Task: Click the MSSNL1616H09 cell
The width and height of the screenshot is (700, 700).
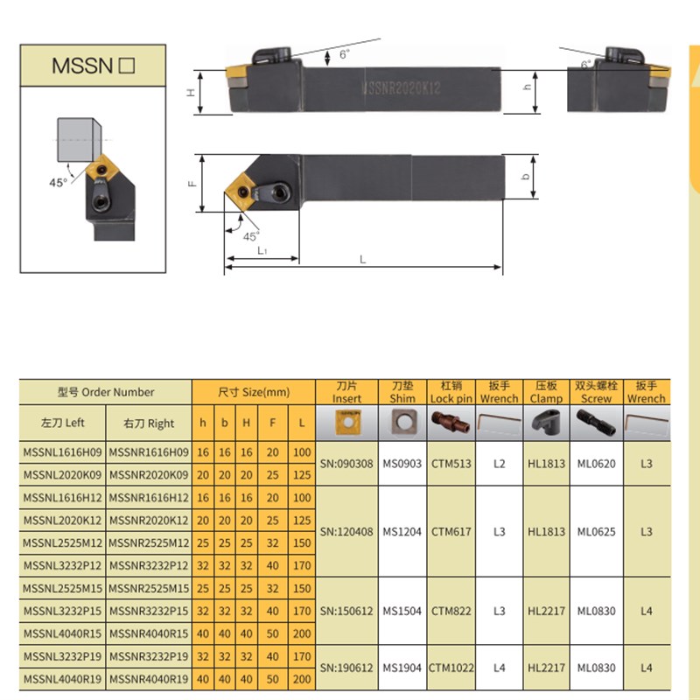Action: [x=61, y=451]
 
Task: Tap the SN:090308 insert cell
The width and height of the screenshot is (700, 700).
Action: [x=346, y=463]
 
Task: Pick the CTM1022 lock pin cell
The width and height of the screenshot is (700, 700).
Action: [x=451, y=668]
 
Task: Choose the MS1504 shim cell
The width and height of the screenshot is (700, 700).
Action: [x=402, y=611]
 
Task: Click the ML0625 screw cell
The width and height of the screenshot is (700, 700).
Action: [x=597, y=531]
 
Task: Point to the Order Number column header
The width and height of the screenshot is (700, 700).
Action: [x=106, y=392]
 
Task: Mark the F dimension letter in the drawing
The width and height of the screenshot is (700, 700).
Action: [x=191, y=184]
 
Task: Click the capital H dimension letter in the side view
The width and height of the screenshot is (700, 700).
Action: [x=190, y=92]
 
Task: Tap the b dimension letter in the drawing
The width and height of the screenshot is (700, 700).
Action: [x=525, y=176]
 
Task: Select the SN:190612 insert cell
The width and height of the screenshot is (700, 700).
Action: [x=346, y=668]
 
